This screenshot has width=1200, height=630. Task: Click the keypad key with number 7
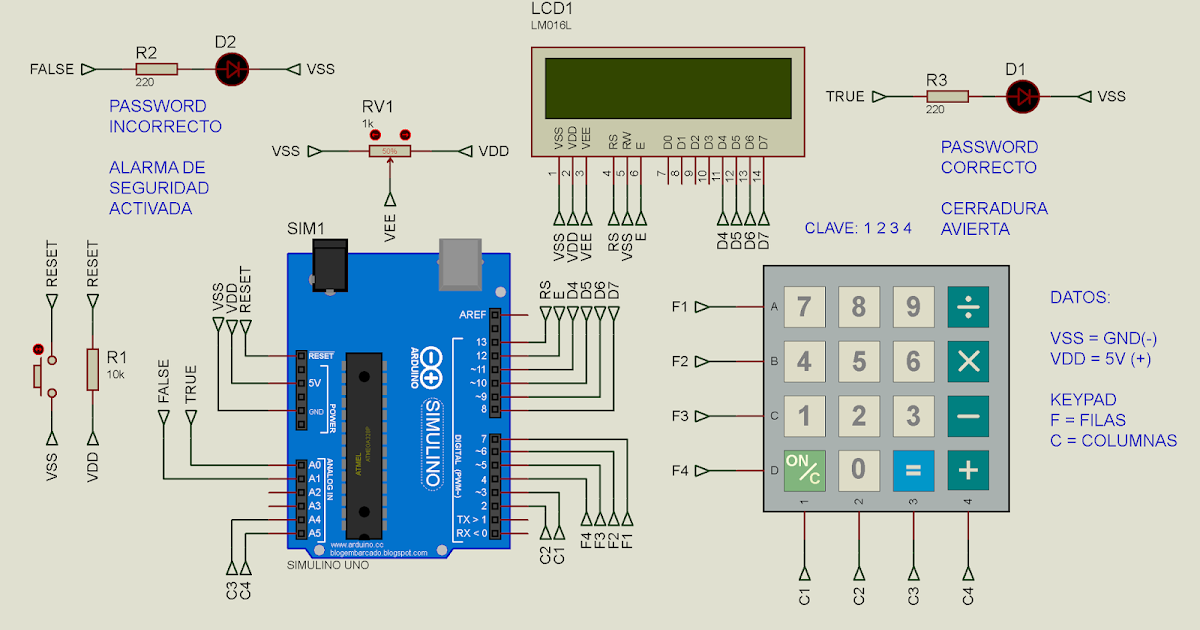pos(804,307)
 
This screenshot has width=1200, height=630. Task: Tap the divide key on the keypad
pos(968,307)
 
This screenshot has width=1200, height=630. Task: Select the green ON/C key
pos(804,470)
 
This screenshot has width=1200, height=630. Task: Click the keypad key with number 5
pos(858,361)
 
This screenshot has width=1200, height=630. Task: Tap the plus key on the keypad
pos(968,470)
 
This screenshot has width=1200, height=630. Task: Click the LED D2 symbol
pos(234,69)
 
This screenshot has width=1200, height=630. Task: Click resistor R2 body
pos(156,69)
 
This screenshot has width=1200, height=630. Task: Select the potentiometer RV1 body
pos(390,151)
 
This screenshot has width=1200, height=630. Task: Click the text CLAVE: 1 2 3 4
pos(858,228)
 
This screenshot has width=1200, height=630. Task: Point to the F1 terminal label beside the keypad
pos(680,306)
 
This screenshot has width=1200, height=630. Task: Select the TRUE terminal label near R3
pos(845,97)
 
